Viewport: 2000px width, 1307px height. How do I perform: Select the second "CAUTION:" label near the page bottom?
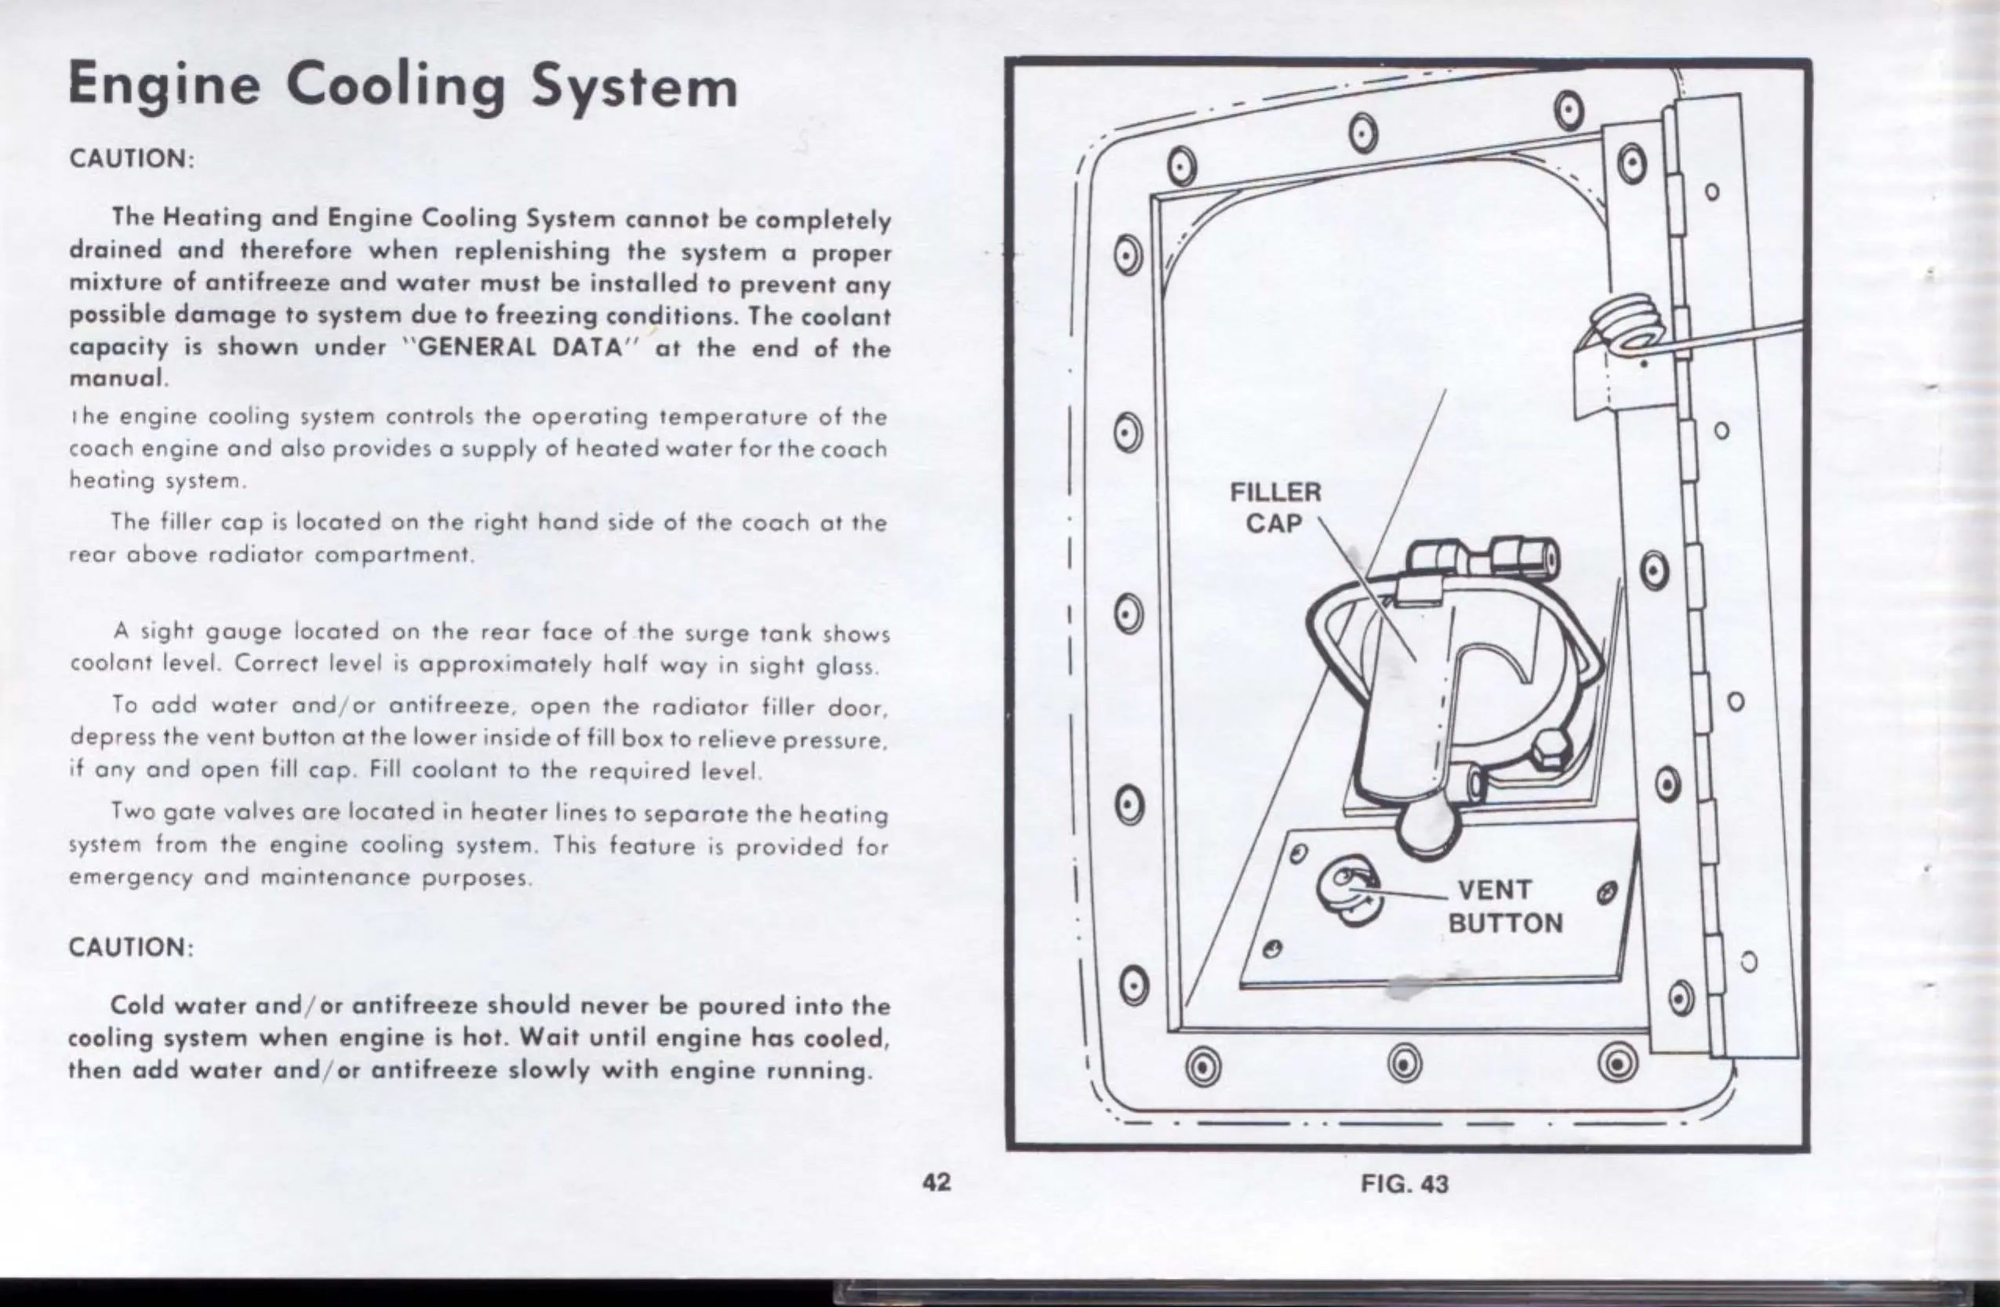[131, 947]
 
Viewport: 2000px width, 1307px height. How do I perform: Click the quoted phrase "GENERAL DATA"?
[521, 347]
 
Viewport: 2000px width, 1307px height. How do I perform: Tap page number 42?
[936, 1181]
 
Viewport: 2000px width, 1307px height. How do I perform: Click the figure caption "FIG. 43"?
[1405, 1184]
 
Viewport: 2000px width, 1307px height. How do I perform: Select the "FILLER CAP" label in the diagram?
[1275, 507]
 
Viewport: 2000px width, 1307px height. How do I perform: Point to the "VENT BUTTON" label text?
[1504, 906]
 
